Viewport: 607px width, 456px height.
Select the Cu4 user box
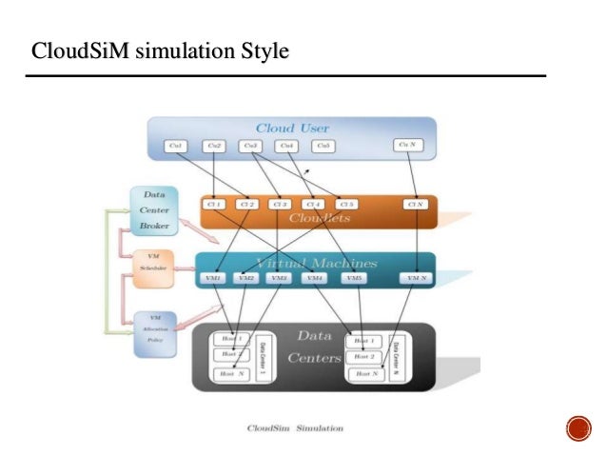(285, 146)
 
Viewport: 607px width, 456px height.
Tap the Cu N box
(408, 146)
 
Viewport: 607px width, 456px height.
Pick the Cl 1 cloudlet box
(213, 204)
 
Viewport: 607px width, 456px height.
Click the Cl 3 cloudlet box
(279, 204)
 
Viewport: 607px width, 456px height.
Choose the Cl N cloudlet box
(414, 204)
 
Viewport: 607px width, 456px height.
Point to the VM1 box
(214, 278)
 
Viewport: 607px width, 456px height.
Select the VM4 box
(313, 278)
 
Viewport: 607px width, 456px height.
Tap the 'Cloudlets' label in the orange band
(318, 219)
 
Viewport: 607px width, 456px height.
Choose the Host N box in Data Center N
(365, 373)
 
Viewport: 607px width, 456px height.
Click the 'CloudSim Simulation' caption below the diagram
(295, 428)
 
